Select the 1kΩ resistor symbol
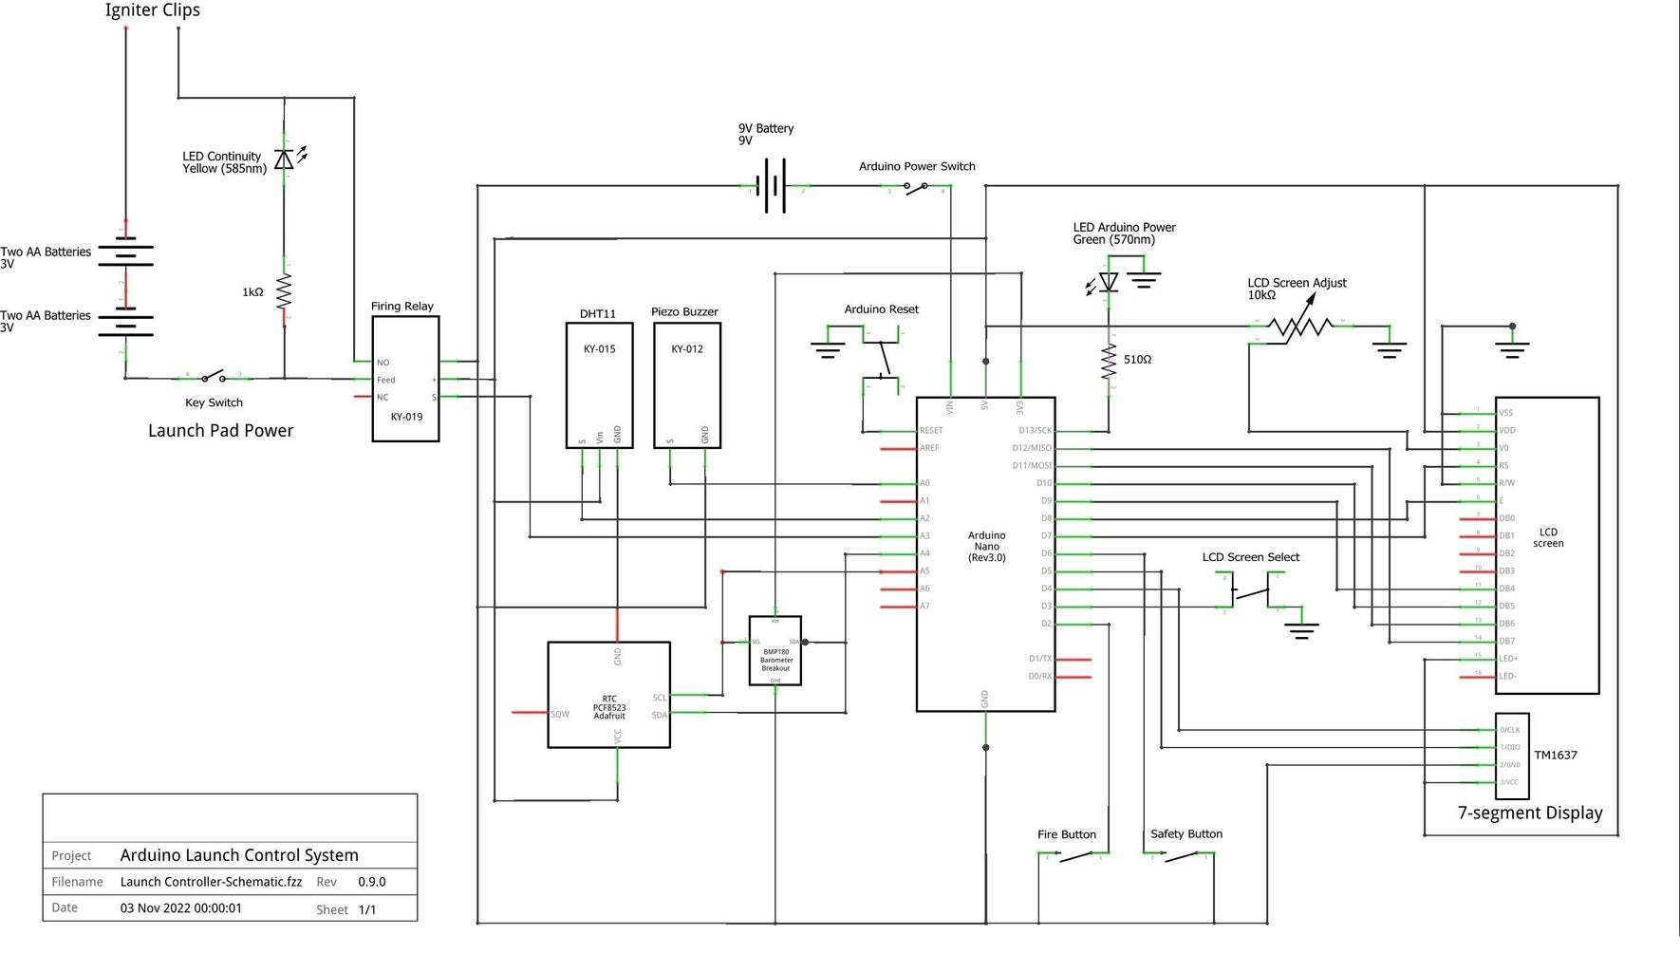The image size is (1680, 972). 284,292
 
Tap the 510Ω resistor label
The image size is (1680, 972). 1137,360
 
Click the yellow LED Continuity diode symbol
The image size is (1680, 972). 284,159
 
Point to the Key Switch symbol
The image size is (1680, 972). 214,378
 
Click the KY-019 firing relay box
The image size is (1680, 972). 405,379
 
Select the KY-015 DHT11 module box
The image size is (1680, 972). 599,385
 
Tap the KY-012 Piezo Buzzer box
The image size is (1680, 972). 687,385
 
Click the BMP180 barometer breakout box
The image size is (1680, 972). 775,651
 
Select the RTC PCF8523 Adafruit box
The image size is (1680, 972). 608,695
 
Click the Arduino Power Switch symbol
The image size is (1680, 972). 916,188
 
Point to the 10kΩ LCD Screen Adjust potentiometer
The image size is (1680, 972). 1300,327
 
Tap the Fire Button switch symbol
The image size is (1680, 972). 1074,856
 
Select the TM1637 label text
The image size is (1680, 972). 1556,756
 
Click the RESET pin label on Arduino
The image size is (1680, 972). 931,431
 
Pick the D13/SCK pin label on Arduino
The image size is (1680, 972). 1035,431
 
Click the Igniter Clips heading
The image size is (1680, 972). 153,10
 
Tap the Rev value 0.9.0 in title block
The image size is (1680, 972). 372,882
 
